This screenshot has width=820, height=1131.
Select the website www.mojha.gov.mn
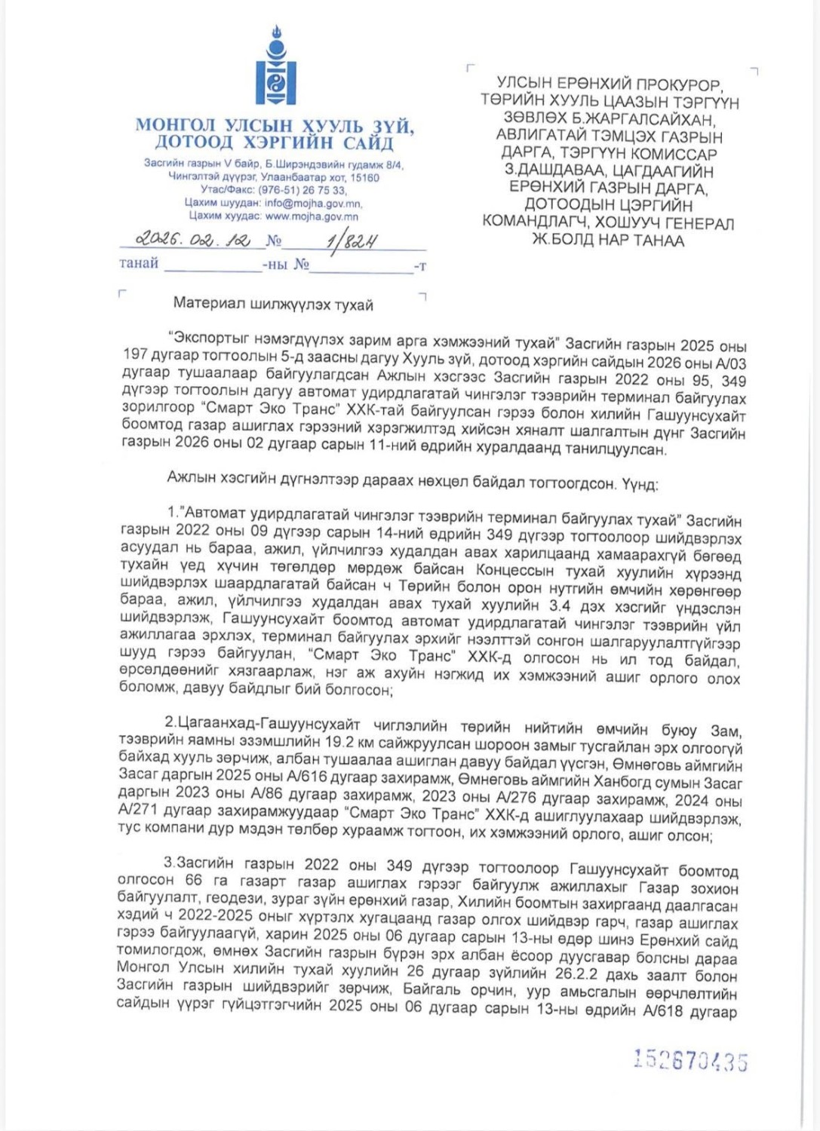(x=312, y=216)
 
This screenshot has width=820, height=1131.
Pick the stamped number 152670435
(x=690, y=1060)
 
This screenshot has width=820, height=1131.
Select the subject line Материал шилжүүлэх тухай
(x=273, y=305)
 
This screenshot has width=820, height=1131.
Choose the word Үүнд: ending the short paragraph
(x=640, y=483)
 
